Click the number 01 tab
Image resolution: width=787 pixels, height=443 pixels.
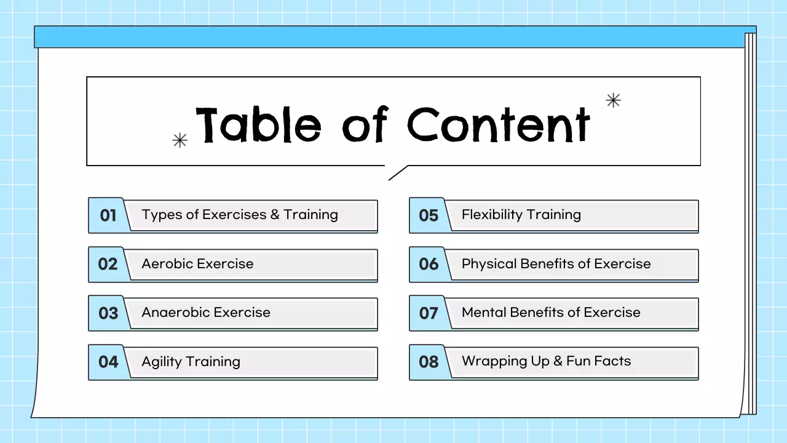(108, 215)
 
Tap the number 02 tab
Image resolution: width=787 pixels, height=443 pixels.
(108, 264)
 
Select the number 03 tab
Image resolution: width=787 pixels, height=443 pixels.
(108, 313)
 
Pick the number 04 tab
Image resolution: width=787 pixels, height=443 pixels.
(108, 362)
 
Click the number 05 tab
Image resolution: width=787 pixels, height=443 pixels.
(429, 215)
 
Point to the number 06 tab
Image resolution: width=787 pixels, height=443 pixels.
(429, 264)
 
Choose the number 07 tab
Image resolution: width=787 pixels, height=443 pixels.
(429, 313)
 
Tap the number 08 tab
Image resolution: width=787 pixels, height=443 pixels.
(429, 362)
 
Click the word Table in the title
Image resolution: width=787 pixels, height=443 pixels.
(258, 125)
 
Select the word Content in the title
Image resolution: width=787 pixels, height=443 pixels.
(498, 125)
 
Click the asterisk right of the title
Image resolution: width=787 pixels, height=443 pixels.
(613, 100)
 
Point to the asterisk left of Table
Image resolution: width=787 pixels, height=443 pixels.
(180, 140)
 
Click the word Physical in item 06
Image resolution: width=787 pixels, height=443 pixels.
(489, 264)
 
